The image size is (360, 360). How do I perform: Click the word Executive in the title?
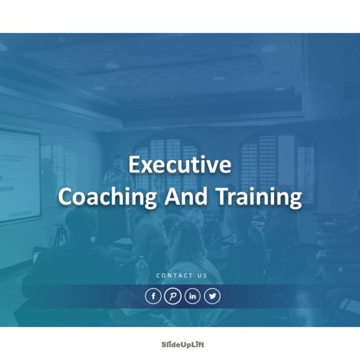(180, 165)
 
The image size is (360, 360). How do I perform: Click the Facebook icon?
(153, 296)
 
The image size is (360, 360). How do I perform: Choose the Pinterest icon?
(173, 296)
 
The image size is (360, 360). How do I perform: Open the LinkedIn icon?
(192, 296)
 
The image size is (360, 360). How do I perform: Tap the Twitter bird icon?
(212, 296)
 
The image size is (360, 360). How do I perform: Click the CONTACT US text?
(182, 276)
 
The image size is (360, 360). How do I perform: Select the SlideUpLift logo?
(179, 344)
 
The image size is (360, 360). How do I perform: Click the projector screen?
(20, 174)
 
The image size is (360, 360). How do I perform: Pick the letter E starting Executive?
(134, 165)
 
